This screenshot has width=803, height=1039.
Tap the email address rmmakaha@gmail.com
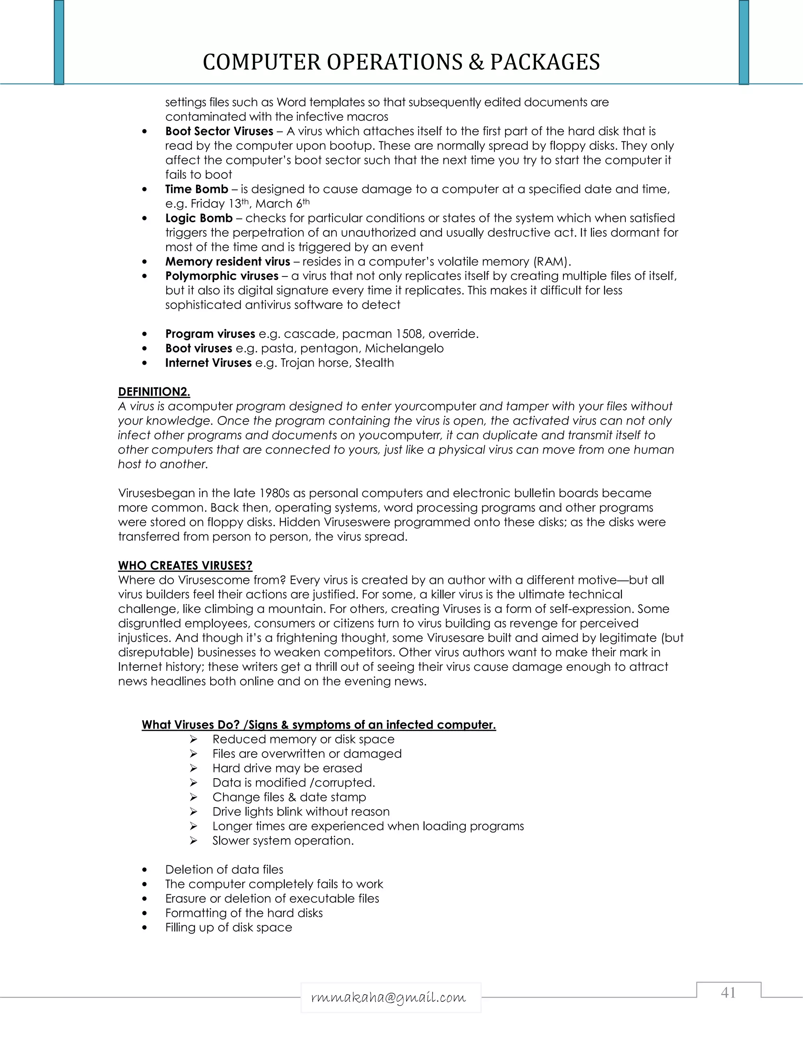[x=388, y=997]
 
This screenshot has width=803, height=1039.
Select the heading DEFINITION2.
[x=154, y=392]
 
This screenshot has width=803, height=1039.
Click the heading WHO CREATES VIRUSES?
[x=185, y=566]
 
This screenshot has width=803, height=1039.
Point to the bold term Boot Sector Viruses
[x=219, y=131]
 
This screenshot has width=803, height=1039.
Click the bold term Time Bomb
[x=196, y=189]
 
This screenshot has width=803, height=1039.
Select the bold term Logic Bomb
[x=198, y=218]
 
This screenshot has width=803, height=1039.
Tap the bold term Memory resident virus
[x=227, y=262]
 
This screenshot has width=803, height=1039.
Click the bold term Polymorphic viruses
[x=222, y=276]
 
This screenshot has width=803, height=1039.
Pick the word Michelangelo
[x=404, y=349]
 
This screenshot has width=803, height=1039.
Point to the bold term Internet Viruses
[x=208, y=363]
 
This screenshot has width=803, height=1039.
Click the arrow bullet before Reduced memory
[x=193, y=739]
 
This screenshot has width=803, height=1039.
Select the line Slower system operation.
[x=283, y=841]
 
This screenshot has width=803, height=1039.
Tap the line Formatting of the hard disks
[x=243, y=913]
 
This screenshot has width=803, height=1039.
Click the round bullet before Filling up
[x=145, y=928]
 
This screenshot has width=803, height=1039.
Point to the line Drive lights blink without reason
[x=301, y=812]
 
